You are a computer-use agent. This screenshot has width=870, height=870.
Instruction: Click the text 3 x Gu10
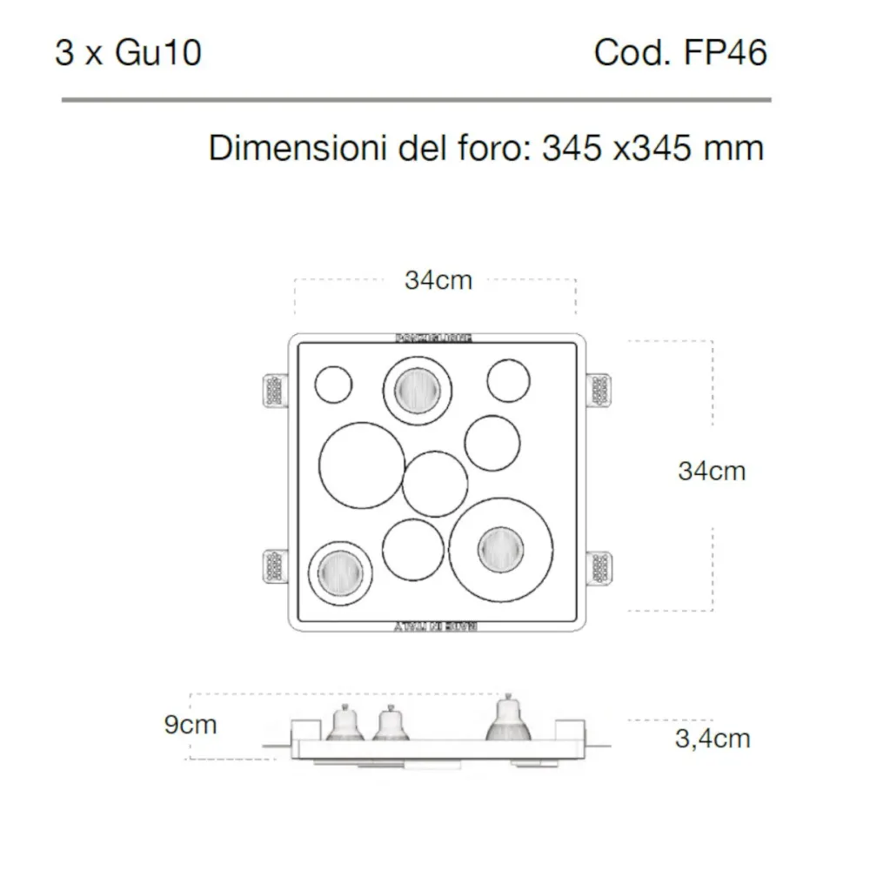point(128,53)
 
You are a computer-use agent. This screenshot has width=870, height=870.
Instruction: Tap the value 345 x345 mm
point(652,148)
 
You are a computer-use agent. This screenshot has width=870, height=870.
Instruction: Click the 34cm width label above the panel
point(438,280)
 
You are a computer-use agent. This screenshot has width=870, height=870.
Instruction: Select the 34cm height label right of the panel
point(712,471)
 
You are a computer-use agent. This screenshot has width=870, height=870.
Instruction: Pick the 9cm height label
point(191,724)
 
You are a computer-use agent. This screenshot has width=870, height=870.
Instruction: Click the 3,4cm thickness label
point(712,739)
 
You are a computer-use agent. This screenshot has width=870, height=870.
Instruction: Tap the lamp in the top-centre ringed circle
point(417,390)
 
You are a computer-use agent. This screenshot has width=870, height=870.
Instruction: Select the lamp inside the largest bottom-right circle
point(501,549)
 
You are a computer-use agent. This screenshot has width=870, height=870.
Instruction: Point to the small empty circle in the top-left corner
point(333,385)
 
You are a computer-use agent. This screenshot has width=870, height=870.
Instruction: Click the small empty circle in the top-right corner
point(508,380)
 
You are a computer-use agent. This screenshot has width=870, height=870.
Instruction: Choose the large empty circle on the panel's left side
point(361,465)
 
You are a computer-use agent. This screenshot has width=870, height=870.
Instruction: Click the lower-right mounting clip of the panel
point(599,569)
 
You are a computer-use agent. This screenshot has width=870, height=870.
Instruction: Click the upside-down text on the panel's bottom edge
point(434,626)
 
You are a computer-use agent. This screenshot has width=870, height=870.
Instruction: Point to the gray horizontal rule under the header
point(416,100)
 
